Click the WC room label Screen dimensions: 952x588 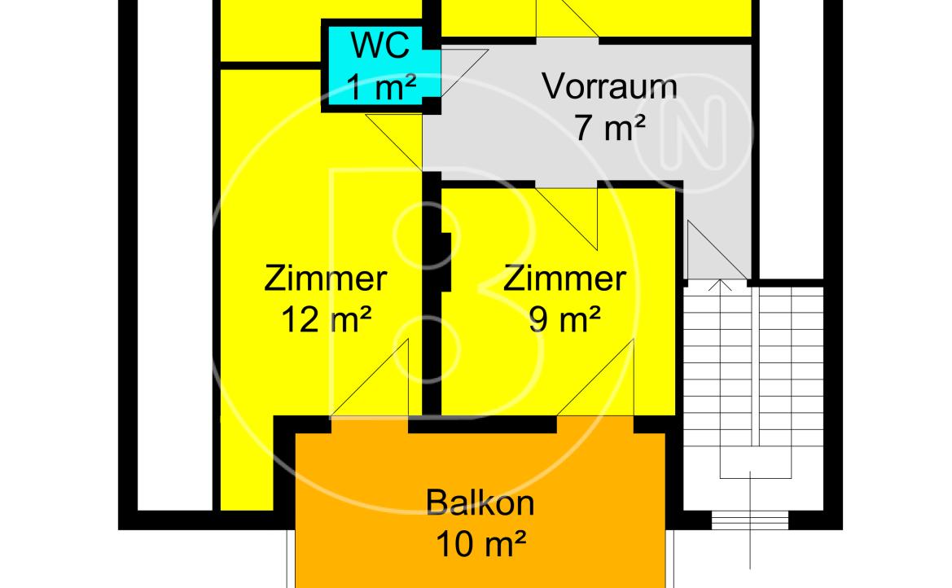click(380, 46)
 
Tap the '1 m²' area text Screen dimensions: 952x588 click(380, 88)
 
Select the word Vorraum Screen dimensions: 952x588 click(610, 86)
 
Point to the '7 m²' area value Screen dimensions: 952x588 click(609, 128)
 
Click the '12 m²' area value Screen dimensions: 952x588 click(326, 319)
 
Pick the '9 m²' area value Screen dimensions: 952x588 click(564, 319)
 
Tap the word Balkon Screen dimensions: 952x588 click(480, 503)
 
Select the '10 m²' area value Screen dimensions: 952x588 click(480, 544)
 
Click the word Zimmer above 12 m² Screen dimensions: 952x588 click(326, 279)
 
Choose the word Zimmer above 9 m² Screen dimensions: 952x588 click(564, 279)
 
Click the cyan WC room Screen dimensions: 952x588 click(380, 66)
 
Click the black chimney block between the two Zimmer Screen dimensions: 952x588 click(442, 262)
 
